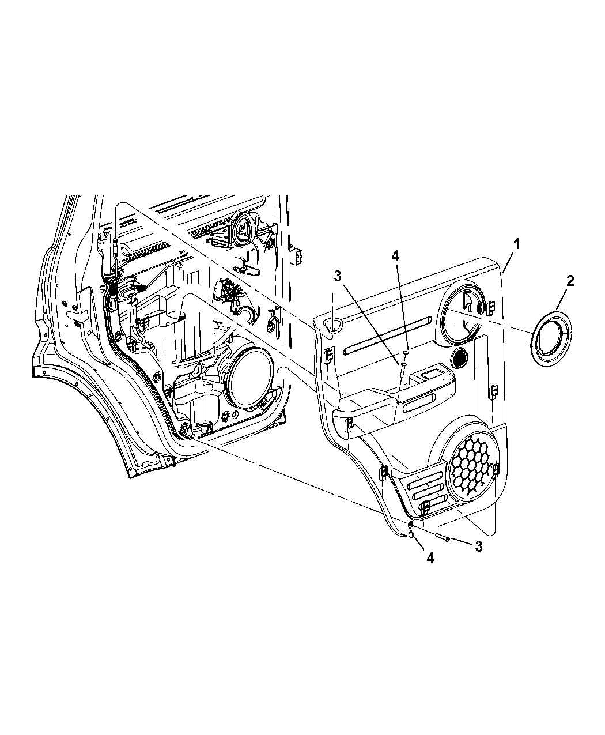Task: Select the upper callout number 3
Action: pos(338,276)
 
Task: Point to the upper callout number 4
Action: pos(395,256)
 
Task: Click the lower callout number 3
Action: pos(478,546)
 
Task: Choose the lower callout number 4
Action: pos(430,557)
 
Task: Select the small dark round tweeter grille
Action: pos(460,357)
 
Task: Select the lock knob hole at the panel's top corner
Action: pos(333,325)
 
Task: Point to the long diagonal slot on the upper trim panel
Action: pos(388,335)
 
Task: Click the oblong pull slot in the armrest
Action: pos(420,403)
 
